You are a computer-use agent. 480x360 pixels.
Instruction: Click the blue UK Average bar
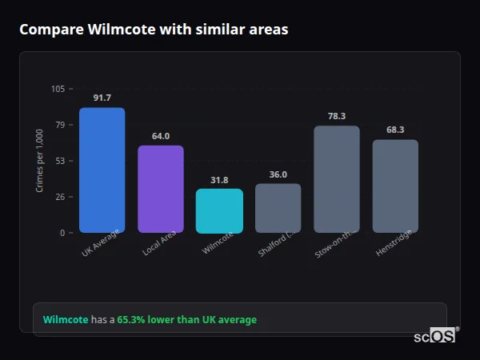(x=102, y=170)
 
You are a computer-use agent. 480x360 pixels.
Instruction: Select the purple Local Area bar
(x=161, y=190)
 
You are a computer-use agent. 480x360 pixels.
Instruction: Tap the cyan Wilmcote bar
(x=219, y=211)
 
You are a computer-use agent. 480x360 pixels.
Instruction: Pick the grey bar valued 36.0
(x=278, y=209)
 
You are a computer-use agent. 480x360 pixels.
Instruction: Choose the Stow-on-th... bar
(x=337, y=179)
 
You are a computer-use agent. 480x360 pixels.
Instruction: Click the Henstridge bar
(x=395, y=186)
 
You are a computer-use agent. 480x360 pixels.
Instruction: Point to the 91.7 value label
(x=102, y=98)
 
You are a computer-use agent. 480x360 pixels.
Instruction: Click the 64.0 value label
(x=161, y=136)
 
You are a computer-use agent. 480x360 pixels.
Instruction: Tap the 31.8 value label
(x=219, y=180)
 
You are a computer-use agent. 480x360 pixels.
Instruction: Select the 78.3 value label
(x=337, y=116)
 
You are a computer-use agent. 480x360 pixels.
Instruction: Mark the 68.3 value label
(x=395, y=130)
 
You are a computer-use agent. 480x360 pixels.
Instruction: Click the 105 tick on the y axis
(x=58, y=89)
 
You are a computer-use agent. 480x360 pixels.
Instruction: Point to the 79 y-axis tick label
(x=61, y=125)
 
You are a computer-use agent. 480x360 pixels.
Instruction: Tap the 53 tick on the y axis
(x=61, y=161)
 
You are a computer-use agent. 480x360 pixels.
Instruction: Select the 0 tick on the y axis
(x=63, y=233)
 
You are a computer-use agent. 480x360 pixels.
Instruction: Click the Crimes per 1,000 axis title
(x=39, y=161)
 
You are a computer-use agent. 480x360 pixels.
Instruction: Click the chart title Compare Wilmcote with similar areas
(x=154, y=30)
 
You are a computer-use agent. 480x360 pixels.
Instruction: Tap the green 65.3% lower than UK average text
(x=187, y=320)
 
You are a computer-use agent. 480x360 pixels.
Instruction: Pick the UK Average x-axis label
(x=100, y=244)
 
